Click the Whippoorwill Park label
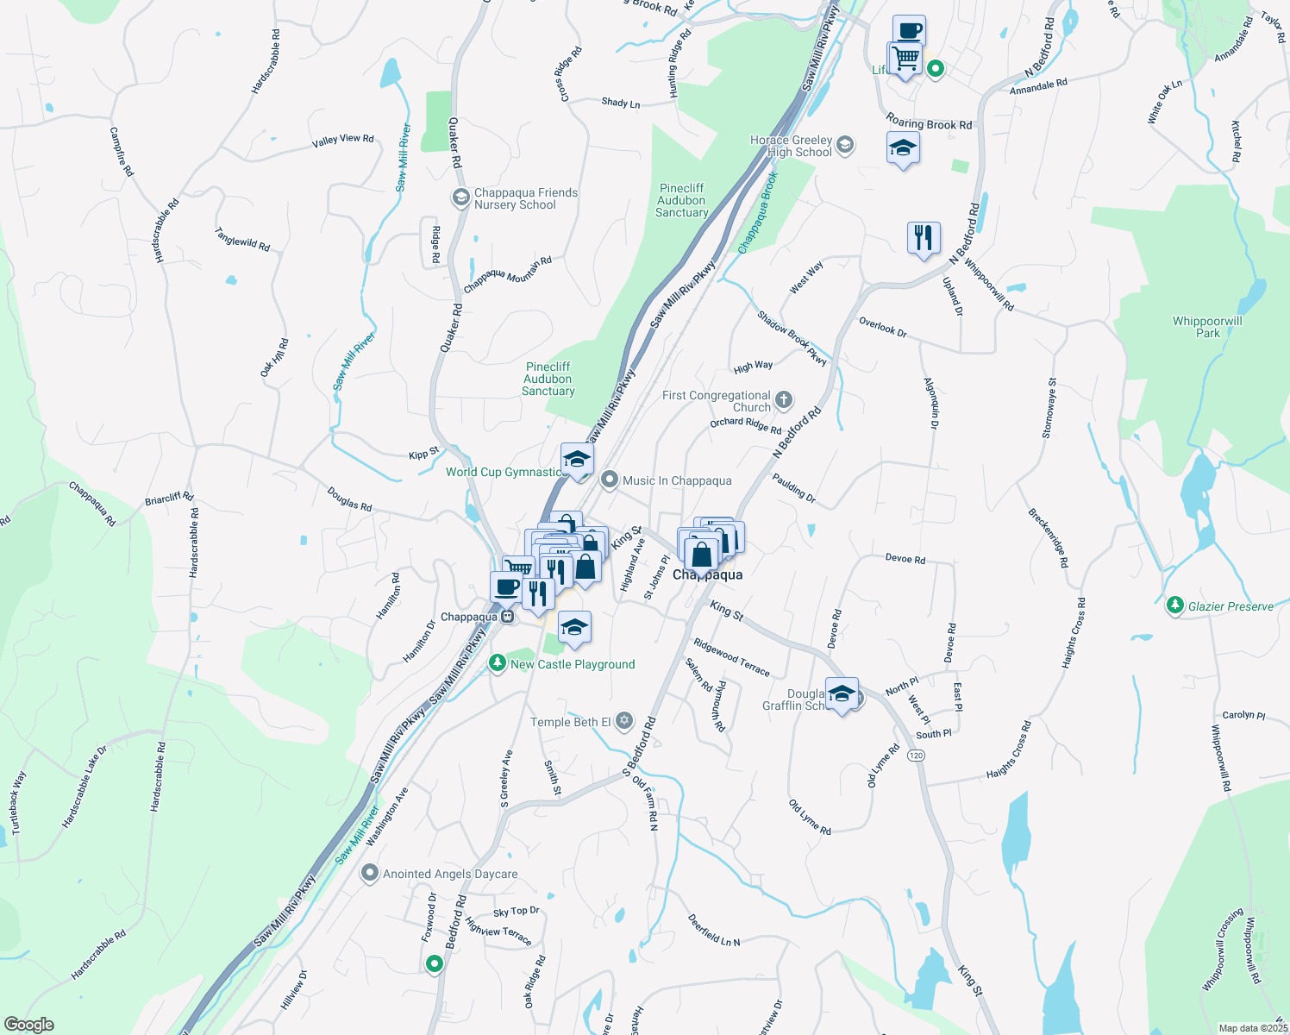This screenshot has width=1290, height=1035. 1207,327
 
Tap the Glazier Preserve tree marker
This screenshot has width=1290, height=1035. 1174,605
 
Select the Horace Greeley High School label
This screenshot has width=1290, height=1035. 791,146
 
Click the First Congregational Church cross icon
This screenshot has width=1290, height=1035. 784,399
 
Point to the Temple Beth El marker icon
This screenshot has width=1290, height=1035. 624,721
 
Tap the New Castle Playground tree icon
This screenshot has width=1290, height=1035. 497,663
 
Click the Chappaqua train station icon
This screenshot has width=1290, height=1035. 508,617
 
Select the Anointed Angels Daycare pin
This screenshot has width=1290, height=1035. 370,874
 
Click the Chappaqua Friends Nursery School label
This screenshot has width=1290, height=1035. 525,198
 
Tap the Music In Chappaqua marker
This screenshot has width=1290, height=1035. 610,480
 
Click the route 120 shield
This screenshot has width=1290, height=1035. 916,756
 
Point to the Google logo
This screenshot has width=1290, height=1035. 28,1025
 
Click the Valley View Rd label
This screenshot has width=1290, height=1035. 343,140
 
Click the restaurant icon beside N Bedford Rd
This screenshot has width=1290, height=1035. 924,237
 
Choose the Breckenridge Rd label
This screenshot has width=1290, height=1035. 1049,538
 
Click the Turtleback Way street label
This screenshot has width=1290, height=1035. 18,803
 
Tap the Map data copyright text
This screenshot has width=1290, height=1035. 1253,1028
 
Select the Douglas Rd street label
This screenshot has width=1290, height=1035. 349,499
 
